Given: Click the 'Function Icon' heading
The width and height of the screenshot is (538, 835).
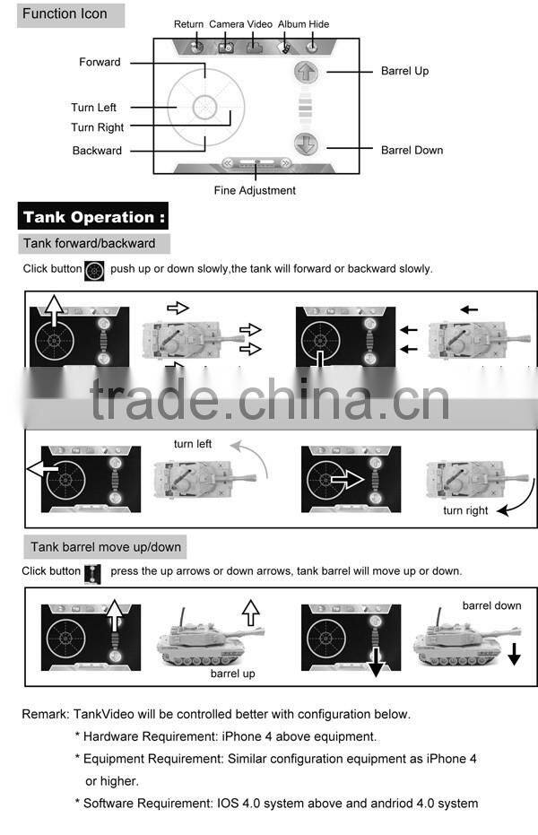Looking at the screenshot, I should point(64,13).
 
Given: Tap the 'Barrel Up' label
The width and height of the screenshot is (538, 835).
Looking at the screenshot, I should point(404,71).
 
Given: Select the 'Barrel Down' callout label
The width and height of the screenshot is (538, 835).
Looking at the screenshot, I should point(412,150).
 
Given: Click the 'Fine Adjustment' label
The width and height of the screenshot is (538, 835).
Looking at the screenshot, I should point(255,190).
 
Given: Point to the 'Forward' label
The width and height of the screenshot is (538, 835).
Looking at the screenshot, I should point(100,62).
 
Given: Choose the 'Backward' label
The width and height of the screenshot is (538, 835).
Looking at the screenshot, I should point(97,151).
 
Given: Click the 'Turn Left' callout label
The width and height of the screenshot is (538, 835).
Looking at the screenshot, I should point(94,108).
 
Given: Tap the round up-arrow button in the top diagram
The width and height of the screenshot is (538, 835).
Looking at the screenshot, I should point(306,73).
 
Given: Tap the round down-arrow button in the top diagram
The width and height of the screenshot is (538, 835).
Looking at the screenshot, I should point(306,144).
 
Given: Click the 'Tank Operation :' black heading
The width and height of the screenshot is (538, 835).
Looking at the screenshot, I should point(94,217).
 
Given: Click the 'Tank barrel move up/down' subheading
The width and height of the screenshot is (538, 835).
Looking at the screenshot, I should point(106,546).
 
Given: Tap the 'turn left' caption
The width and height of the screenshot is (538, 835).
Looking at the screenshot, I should point(193,444).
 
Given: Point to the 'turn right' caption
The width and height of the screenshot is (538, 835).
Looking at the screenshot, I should point(465,510).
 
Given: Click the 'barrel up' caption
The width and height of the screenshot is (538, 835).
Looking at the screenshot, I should point(232,673).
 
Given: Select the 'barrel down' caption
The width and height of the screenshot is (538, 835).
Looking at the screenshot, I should point(491,605).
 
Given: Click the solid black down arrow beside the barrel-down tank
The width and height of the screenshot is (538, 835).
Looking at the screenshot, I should point(514,654).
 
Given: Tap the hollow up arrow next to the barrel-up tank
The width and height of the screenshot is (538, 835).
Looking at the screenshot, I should point(251,614).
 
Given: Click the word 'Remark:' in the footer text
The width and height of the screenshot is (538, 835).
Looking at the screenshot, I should point(46,715).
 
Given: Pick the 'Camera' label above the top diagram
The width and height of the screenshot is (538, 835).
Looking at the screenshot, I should point(226,23).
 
